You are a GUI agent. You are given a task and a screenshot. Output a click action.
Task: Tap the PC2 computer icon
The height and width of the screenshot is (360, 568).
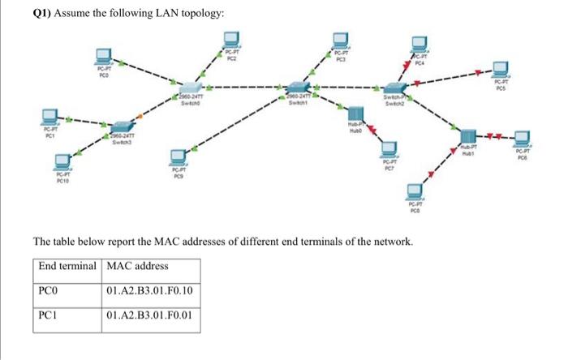(x=231, y=40)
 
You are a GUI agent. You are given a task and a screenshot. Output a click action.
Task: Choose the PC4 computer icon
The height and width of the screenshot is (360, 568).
(x=418, y=45)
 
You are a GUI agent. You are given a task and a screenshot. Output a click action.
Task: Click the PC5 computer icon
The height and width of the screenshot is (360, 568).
(x=501, y=71)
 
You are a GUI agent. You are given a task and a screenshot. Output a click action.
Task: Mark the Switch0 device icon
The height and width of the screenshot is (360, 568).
(x=189, y=88)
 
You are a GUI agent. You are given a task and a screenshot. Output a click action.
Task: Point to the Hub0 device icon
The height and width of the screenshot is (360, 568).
(x=354, y=114)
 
